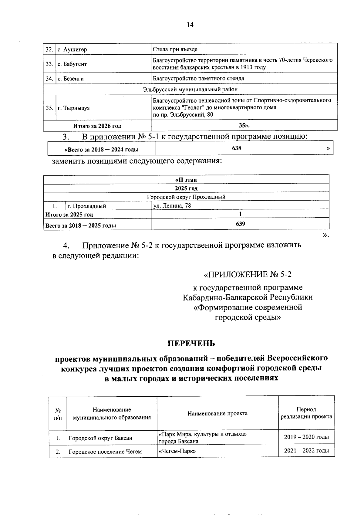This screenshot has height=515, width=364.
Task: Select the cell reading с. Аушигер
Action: click(x=72, y=49)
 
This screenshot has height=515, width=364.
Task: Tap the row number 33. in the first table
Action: click(x=49, y=64)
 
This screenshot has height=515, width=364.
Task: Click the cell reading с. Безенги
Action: click(x=71, y=79)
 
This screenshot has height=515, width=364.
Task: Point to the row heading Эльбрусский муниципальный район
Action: click(x=190, y=89)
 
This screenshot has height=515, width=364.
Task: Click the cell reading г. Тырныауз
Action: click(x=74, y=108)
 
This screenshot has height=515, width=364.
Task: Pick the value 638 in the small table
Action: click(x=237, y=148)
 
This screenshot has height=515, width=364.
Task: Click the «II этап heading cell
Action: click(x=186, y=180)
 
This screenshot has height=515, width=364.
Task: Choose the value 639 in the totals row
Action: click(x=240, y=224)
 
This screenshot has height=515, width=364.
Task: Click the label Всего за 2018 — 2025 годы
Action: click(x=81, y=225)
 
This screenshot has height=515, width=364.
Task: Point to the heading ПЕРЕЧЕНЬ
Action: click(x=191, y=343)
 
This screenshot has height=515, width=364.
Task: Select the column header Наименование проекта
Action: click(x=217, y=413)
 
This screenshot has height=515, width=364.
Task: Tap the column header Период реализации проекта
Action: click(x=306, y=413)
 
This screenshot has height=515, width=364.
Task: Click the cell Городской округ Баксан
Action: click(x=100, y=438)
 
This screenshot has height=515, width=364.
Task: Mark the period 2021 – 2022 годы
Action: click(x=306, y=451)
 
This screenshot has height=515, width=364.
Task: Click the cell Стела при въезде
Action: click(x=175, y=49)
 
